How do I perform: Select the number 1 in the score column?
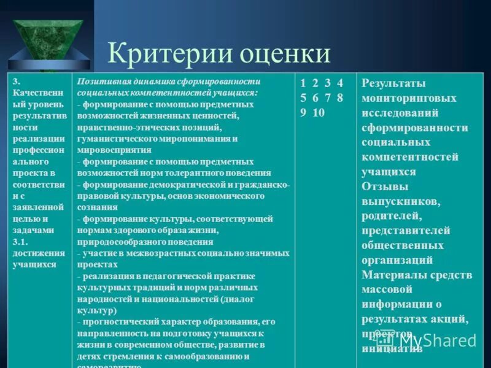[303, 83]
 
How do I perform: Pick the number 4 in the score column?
[340, 83]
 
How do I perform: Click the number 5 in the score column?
[303, 98]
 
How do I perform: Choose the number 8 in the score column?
[340, 98]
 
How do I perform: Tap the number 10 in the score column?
[319, 113]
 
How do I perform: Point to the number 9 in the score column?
[303, 113]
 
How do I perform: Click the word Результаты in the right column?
[393, 84]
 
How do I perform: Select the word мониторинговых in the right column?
[409, 99]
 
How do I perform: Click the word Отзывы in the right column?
[385, 186]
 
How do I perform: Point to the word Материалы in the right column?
[393, 275]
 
